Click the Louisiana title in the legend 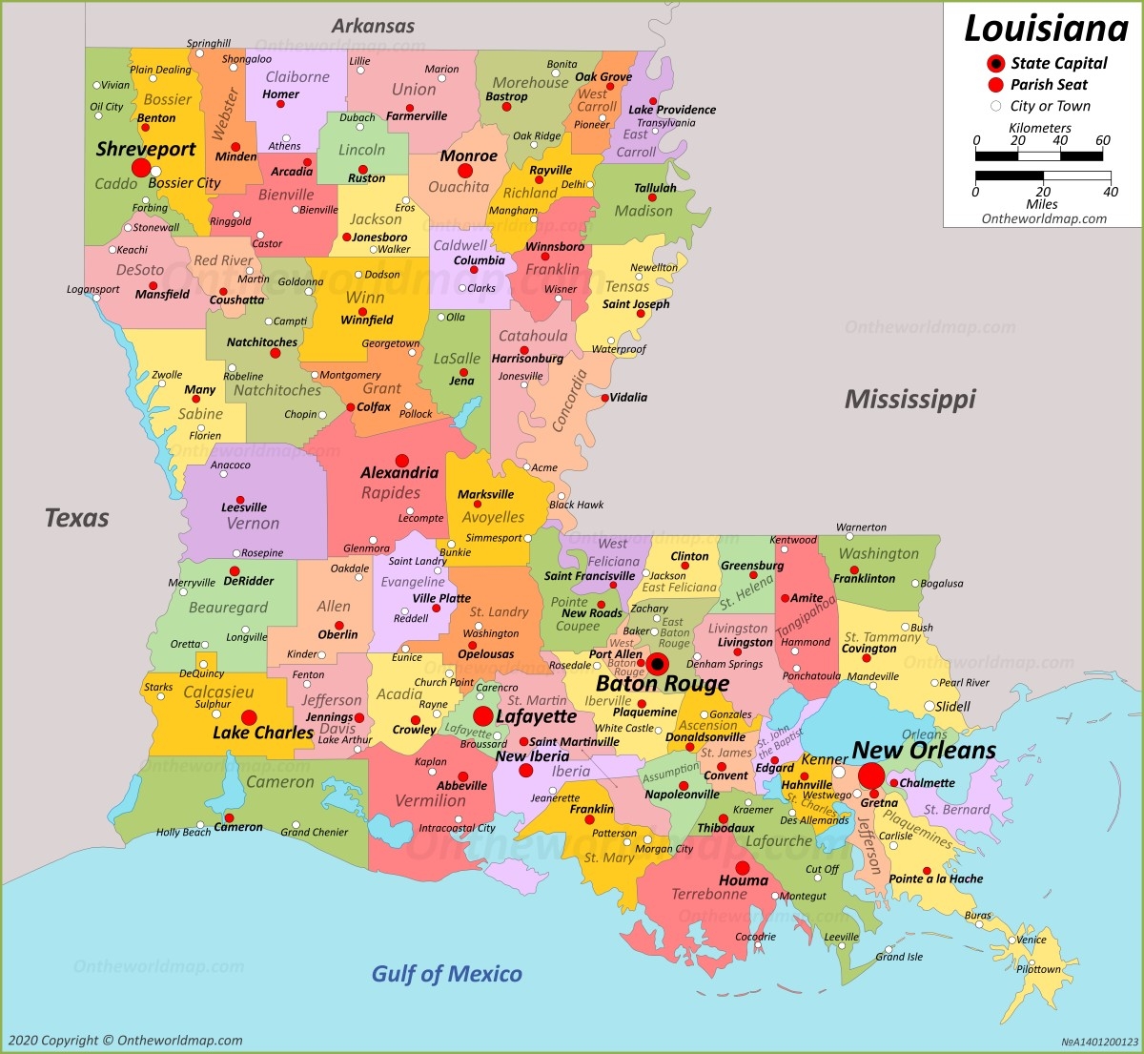[1046, 29]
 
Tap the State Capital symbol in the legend [996, 64]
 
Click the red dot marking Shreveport [141, 169]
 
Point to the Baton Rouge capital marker [657, 664]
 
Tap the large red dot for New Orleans [871, 775]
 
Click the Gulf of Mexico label [446, 974]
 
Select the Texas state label [76, 518]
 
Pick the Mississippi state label [909, 399]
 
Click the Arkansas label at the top [373, 26]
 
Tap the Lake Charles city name [263, 733]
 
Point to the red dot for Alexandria [402, 460]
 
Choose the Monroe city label [468, 155]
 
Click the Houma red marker [742, 868]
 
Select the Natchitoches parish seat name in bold [262, 341]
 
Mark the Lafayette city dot [483, 716]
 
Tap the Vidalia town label [628, 397]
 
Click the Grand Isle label [899, 957]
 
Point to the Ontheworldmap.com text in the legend [1044, 218]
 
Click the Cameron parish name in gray [279, 782]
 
